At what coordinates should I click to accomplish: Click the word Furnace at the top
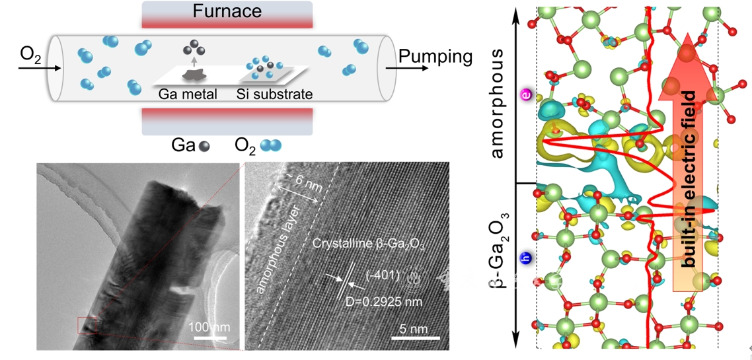[227, 11]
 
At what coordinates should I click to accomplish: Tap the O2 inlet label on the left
[31, 54]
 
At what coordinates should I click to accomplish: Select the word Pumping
[435, 57]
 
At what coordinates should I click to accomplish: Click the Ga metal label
[188, 94]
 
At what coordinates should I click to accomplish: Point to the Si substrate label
[274, 94]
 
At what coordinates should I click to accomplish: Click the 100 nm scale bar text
[209, 327]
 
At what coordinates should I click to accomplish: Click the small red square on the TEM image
[87, 325]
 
